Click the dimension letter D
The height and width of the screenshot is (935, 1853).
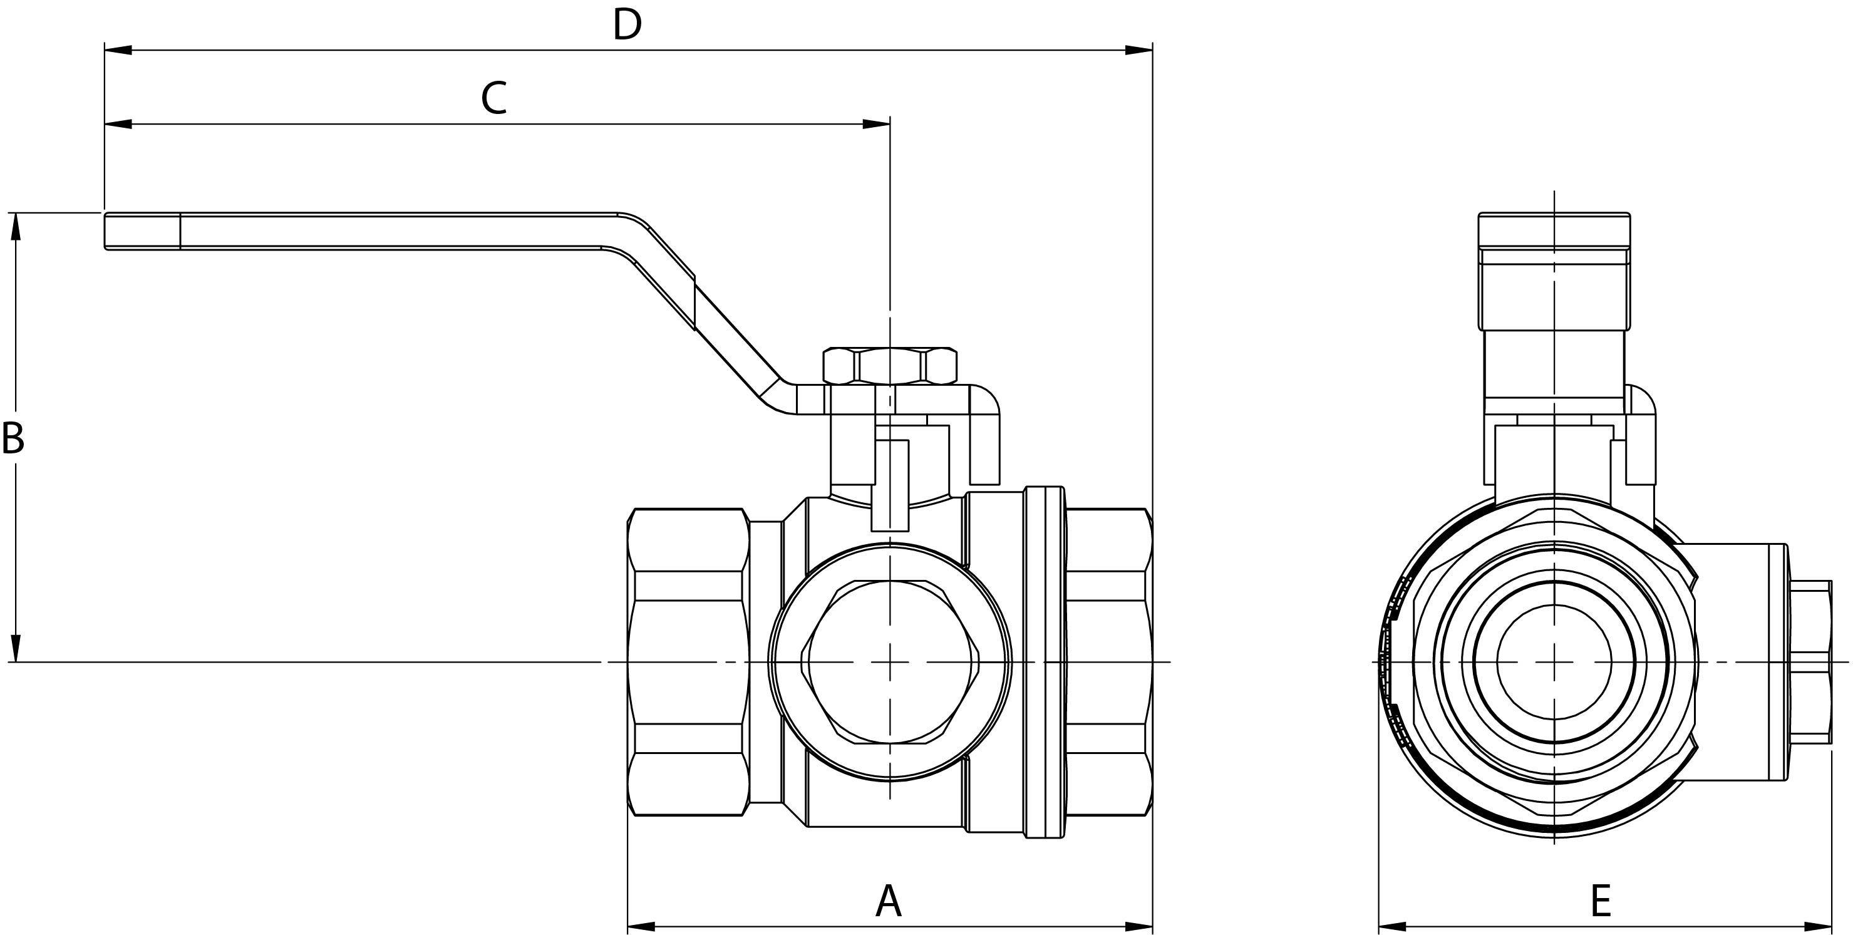627,24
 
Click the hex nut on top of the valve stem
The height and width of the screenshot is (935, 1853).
890,365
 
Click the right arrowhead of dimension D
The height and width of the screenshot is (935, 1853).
1138,50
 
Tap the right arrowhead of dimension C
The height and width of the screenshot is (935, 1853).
876,125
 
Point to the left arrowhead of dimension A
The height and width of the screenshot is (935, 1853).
642,926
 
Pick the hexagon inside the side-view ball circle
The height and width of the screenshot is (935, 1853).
890,662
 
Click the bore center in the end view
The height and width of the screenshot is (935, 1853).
1554,663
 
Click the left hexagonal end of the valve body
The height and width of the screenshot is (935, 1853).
688,662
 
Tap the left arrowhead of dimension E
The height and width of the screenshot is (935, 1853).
1392,926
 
